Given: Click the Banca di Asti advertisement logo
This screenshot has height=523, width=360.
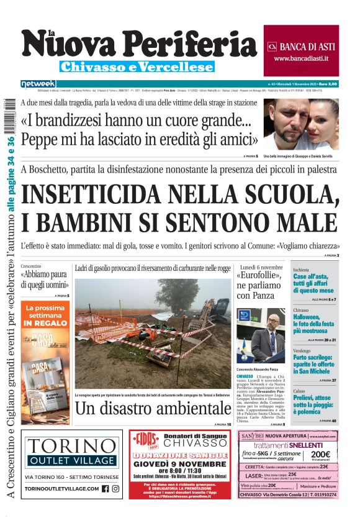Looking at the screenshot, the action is click(301, 47).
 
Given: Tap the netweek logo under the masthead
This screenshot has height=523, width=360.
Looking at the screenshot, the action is click(38, 84).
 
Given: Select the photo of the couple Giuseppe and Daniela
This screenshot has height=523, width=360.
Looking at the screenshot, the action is click(300, 124).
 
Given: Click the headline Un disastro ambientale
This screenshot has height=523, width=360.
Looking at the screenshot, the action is click(154, 408).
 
